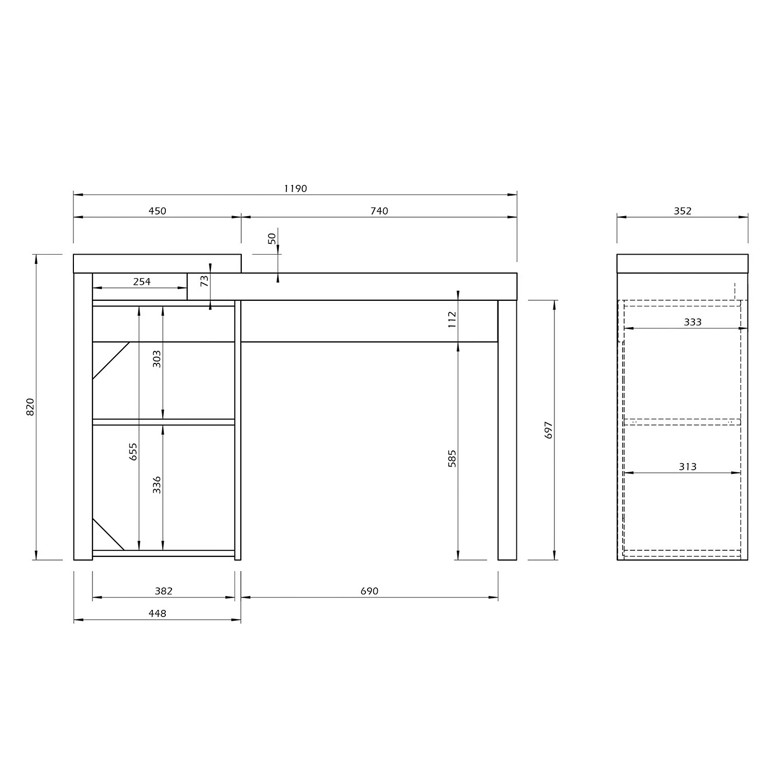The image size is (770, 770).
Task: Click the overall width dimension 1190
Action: point(295,188)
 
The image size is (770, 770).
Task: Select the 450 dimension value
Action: point(157,210)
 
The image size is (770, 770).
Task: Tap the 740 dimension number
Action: point(379,210)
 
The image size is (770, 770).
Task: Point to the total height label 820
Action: point(30,407)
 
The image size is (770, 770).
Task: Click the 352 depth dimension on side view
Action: point(682,210)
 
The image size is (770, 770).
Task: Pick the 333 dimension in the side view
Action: point(692,322)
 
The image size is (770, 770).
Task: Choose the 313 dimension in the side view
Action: point(687,466)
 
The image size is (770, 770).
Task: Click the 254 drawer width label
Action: point(142,281)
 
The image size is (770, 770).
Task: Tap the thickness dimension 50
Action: point(272,238)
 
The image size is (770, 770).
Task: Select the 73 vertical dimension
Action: point(204,281)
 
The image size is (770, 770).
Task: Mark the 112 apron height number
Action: point(452,320)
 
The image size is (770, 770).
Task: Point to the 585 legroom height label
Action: point(452,458)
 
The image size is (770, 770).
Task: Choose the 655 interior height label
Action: point(133,451)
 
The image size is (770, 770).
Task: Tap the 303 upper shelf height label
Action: point(157,358)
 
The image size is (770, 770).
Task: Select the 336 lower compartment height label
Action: point(157,485)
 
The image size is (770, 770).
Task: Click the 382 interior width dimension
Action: point(163,591)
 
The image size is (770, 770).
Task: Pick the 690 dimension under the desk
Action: point(369,591)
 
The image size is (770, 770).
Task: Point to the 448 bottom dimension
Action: point(157,613)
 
